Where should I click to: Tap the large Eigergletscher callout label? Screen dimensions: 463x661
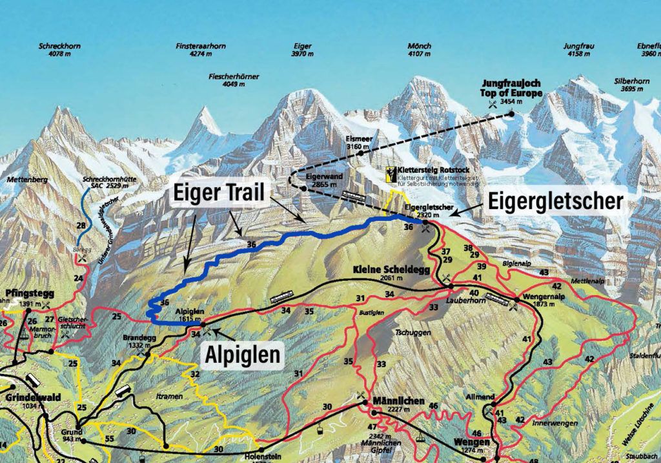coord(554,201)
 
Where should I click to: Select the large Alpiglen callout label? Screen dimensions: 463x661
coord(243,354)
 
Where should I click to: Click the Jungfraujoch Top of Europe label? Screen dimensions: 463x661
coord(511,88)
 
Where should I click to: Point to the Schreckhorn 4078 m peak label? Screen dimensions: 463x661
coord(55,50)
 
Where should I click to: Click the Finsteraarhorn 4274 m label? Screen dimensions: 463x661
coord(200,50)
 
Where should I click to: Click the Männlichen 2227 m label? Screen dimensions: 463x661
coord(399,405)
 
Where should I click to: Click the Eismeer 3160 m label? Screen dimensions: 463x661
coord(357,142)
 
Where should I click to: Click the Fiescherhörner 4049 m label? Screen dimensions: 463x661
coord(233,80)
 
